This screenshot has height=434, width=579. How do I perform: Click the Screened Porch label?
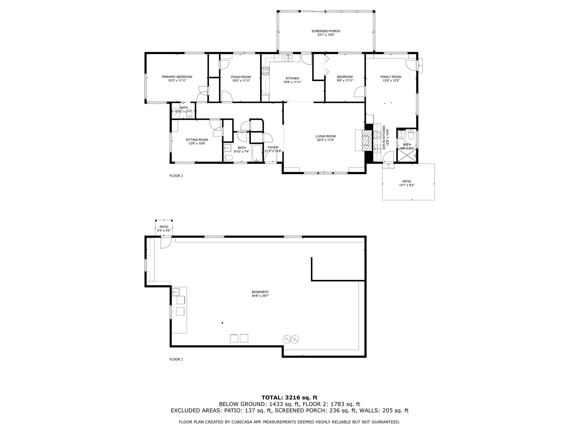click(326, 31)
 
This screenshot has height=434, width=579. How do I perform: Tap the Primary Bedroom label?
click(177, 77)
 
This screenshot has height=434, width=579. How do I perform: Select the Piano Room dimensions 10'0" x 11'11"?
click(241, 81)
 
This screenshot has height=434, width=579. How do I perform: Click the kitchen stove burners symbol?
click(265, 71)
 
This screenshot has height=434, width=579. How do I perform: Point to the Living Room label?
click(326, 136)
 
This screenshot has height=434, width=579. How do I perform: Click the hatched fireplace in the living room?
click(367, 140)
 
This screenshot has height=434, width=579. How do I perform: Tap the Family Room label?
click(391, 77)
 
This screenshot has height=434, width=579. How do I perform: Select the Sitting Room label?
click(197, 140)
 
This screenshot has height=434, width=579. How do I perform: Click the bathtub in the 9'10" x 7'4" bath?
click(257, 153)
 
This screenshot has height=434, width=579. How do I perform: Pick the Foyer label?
click(273, 147)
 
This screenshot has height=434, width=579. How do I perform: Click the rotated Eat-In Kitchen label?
click(384, 138)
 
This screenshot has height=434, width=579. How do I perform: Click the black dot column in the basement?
click(222, 323)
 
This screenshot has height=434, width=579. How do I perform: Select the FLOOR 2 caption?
click(176, 176)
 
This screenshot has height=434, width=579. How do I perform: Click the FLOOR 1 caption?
click(176, 359)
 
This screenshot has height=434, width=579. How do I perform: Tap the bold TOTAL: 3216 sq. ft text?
click(289, 398)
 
